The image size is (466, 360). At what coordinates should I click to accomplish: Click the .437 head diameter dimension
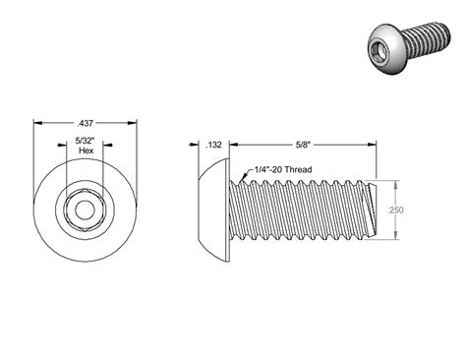tap(85, 124)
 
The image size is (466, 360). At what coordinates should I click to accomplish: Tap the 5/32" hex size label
tap(86, 142)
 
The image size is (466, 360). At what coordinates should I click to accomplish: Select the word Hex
tap(87, 150)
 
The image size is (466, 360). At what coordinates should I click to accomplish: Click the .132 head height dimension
tap(213, 145)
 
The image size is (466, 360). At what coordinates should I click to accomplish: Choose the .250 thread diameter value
tap(395, 210)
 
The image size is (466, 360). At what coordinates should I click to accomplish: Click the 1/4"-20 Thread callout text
tap(283, 169)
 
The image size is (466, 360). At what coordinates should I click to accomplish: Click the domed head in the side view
tap(213, 210)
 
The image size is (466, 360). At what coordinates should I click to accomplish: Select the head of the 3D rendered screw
tap(386, 49)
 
